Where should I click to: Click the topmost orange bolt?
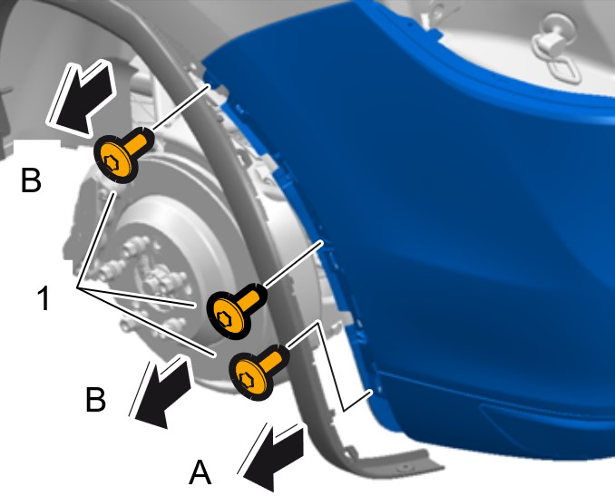tap(122, 155)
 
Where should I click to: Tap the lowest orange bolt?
tap(259, 371)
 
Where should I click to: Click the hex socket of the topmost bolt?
tap(111, 162)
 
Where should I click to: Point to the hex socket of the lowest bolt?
tap(247, 379)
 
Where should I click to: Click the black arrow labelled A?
tap(273, 457)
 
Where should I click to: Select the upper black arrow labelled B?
tap(80, 99)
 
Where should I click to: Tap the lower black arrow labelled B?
tap(160, 392)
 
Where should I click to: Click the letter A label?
tap(200, 472)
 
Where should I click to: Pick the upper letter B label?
tap(31, 180)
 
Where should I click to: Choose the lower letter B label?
tap(96, 400)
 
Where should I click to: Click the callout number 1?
tap(44, 298)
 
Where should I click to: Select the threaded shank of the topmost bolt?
tap(140, 141)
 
